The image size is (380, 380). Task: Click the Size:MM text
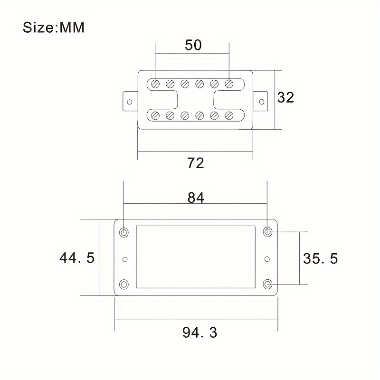coord(54,28)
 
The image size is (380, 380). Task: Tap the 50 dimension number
coord(193,45)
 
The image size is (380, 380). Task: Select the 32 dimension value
coord(285,97)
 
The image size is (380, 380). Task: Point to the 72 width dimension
coord(195,163)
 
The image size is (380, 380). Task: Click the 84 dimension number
coord(195,198)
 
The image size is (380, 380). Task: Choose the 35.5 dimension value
coord(320,259)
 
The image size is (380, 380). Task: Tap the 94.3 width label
coord(199,332)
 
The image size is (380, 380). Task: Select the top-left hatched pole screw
coord(155,85)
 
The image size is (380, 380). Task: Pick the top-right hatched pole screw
coord(229,85)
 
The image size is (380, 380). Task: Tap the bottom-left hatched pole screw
coord(155,115)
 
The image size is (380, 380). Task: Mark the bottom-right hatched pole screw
coord(229,115)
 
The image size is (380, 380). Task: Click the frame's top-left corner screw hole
coord(124,232)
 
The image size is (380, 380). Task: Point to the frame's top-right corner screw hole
coord(268,232)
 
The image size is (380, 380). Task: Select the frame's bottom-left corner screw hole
coord(124,285)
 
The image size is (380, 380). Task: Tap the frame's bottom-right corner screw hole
coord(268,285)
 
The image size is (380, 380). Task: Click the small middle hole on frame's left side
coord(125,259)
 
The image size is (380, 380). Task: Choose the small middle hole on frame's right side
coord(267,259)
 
